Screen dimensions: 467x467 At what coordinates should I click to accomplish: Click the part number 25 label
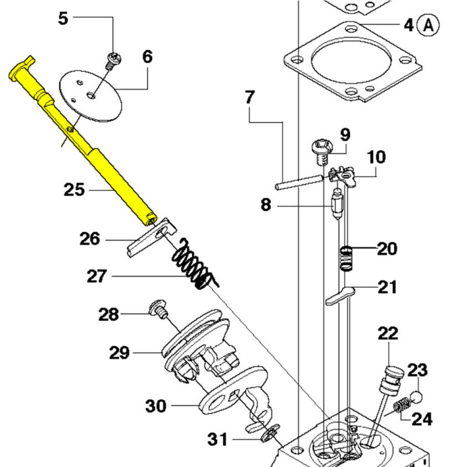pos(74,189)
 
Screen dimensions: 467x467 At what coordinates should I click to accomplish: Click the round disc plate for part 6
pos(91,95)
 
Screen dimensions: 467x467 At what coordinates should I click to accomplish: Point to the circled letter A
pos(429,25)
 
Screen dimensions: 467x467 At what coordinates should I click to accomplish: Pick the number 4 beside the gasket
pos(409,25)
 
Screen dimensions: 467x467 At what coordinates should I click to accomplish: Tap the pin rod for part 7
pos(299,182)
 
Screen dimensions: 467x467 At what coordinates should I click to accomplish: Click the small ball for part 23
pos(417,396)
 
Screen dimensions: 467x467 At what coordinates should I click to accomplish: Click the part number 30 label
pos(156,405)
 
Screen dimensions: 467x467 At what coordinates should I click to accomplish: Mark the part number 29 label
pos(119,353)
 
